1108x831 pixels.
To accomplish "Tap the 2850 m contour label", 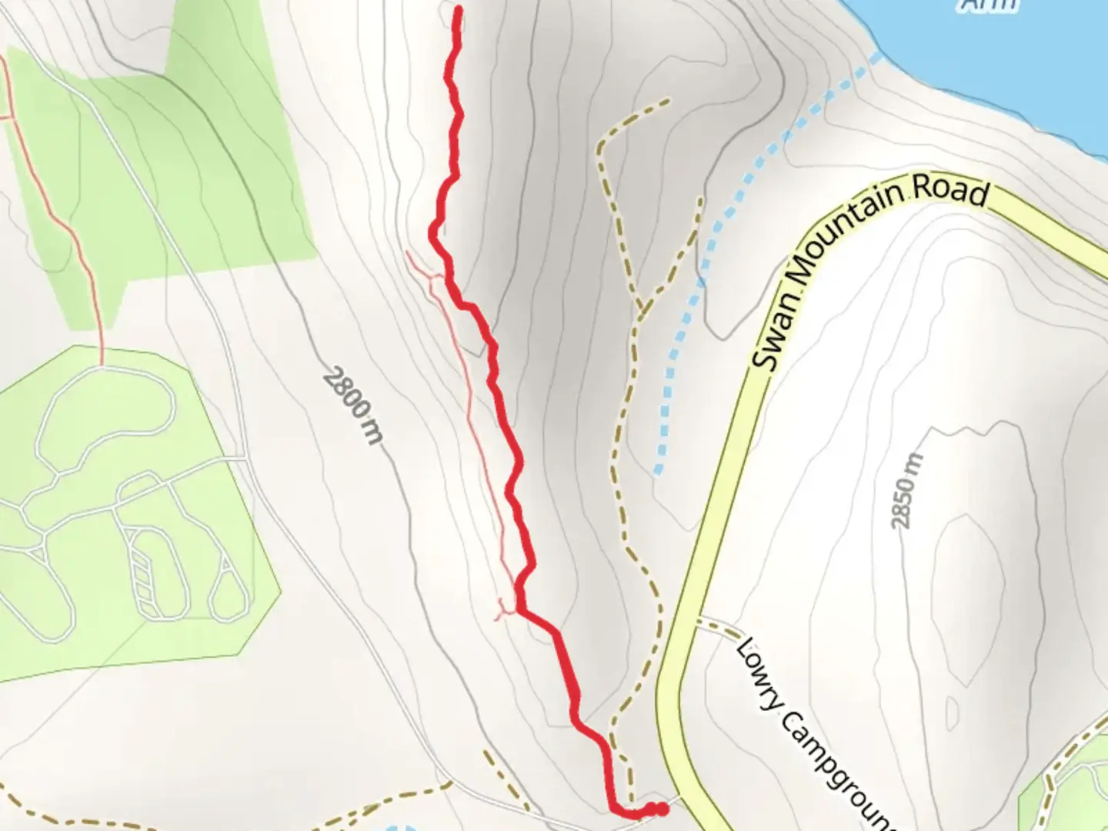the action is (906, 491).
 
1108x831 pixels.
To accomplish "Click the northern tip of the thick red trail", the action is (459, 9).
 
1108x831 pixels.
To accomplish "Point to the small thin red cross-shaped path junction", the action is (504, 610).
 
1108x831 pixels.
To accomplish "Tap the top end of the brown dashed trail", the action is (668, 99).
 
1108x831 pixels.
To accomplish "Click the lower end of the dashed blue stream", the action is (657, 471).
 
